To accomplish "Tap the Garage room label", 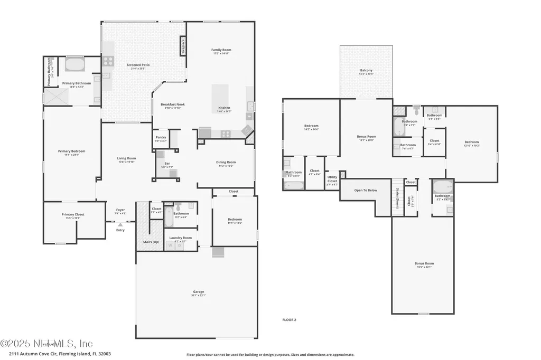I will tap(198, 291).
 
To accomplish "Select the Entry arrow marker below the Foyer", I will tap(120, 224).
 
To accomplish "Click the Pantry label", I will tap(161, 137).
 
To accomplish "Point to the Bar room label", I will tap(167, 164).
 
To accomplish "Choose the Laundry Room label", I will tap(180, 238).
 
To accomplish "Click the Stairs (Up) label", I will tap(151, 242).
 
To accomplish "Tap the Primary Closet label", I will tap(73, 214).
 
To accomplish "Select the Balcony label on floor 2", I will tap(366, 70).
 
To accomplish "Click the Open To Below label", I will tap(366, 190).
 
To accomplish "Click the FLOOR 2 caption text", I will tap(289, 320).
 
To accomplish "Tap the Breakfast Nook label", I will tap(173, 105).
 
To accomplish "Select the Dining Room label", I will tap(226, 162).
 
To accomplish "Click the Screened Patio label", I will tap(138, 65).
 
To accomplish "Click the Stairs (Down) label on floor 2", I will tap(397, 198).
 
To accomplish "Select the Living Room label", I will tap(127, 158).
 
